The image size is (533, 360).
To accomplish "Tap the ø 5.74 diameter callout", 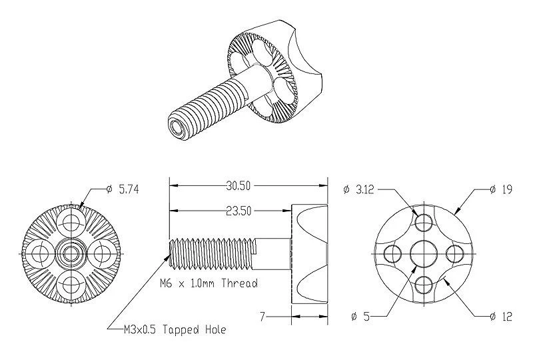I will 123,190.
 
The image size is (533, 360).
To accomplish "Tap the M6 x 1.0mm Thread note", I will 209,283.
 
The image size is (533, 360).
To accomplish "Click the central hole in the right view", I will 422,253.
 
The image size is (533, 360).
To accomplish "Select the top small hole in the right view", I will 422,221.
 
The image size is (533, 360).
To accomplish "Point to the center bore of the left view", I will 69,253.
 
